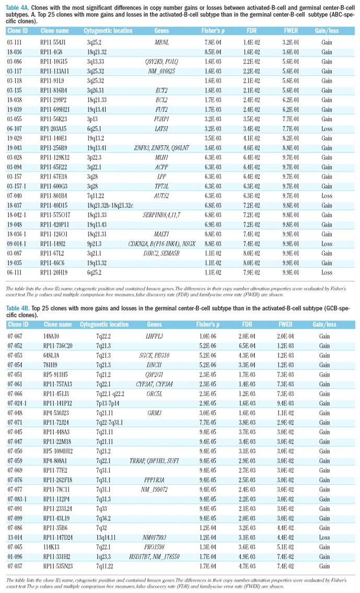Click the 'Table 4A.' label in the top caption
tap(18, 5)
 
